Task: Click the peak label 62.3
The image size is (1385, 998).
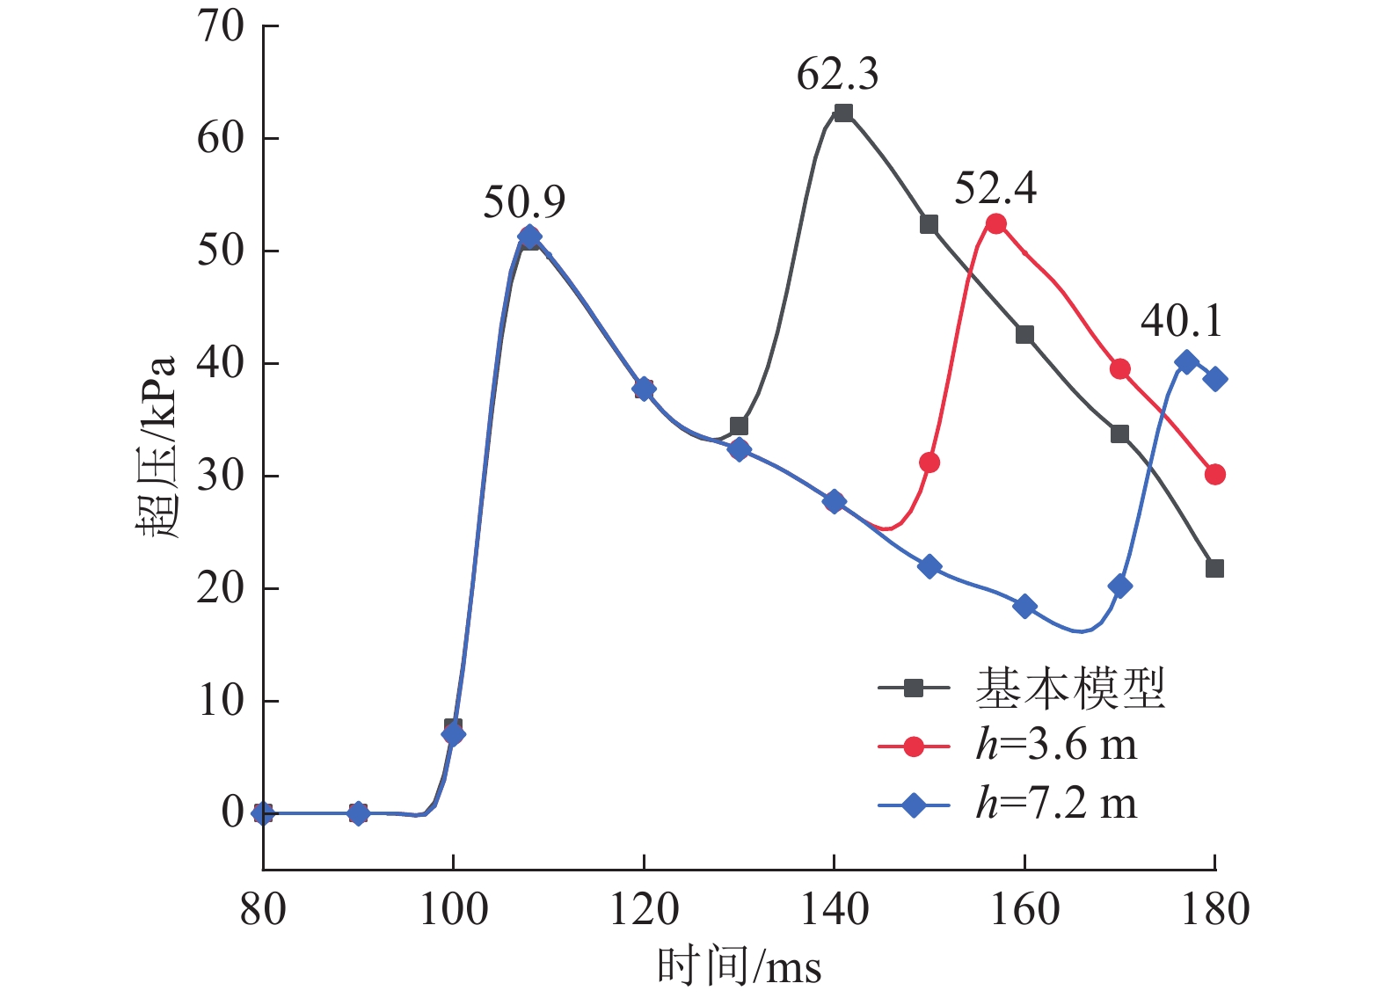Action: pos(837,74)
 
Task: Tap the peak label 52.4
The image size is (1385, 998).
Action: pos(995,188)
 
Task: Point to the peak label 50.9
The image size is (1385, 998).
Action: pos(524,202)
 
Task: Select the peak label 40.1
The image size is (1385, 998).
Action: pos(1182,321)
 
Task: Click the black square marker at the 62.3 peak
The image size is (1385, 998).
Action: pos(843,113)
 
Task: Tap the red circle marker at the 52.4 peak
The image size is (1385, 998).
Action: pos(995,223)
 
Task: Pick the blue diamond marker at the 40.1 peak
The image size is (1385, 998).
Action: pos(1186,361)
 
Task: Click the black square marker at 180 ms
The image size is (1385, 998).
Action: pos(1214,568)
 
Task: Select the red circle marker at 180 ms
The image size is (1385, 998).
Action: pos(1214,475)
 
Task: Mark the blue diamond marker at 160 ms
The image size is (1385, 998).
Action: pos(1024,606)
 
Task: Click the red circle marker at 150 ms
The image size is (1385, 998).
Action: pos(929,463)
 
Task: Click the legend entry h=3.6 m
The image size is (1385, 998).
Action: pos(1056,746)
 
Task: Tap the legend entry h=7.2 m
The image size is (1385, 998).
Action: pos(1056,804)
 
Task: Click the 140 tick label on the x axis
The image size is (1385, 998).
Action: pos(834,909)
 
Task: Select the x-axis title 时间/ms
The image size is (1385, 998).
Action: pos(739,967)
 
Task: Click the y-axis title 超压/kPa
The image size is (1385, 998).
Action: pos(157,448)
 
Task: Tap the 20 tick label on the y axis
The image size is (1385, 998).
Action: pos(220,588)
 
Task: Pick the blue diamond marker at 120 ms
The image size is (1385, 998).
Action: pos(644,389)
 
